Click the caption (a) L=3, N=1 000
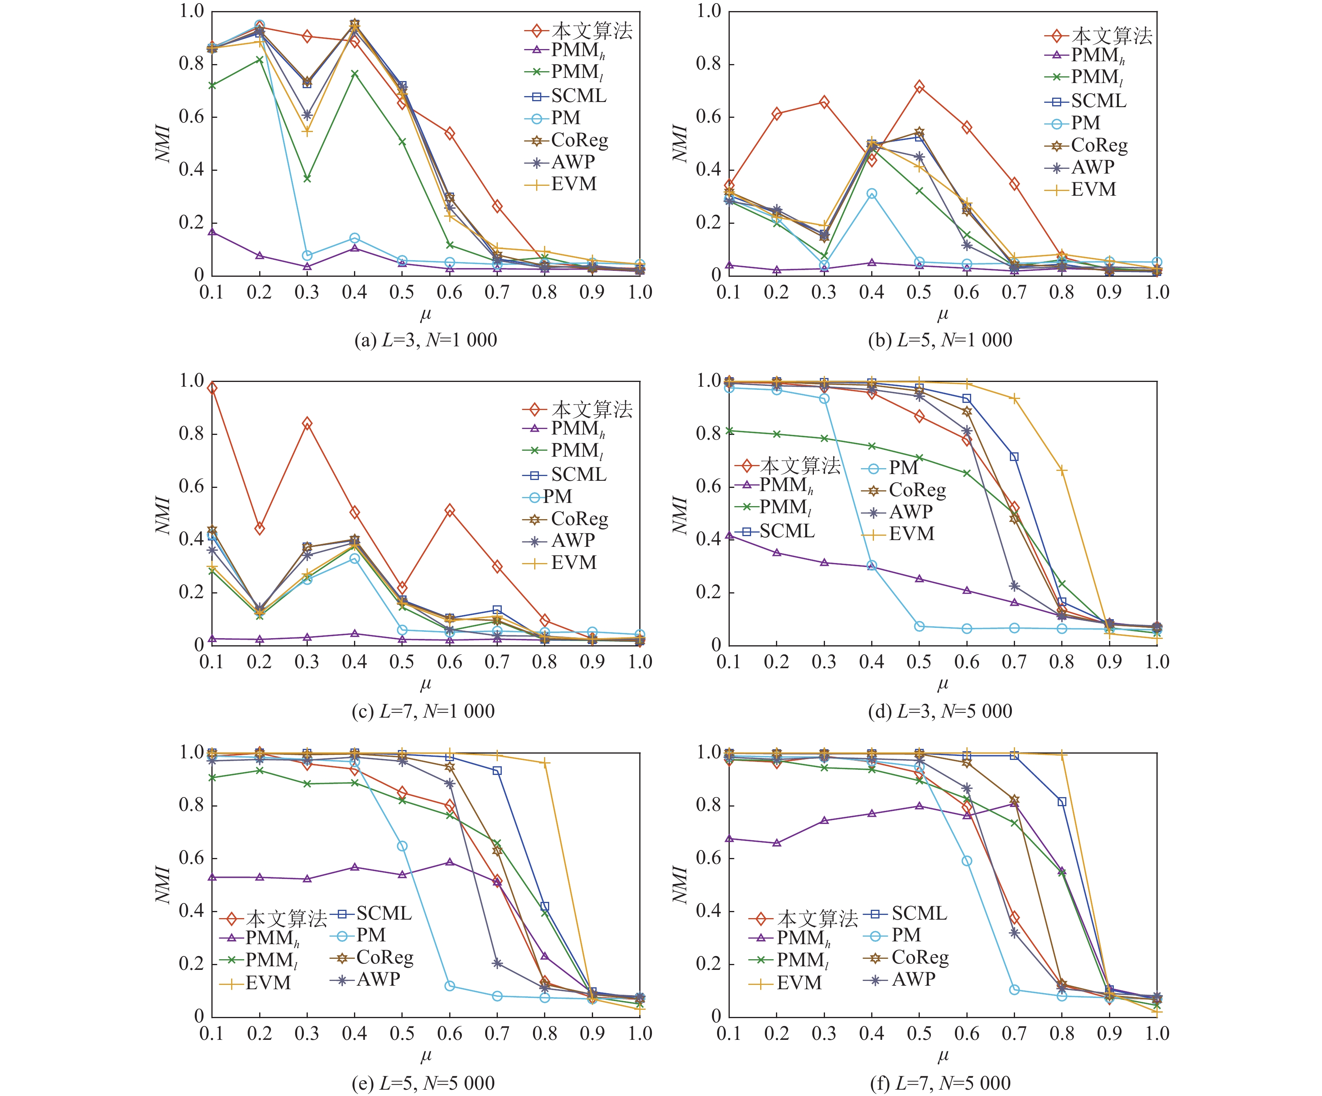click(x=426, y=340)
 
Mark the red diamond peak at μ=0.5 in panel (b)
click(x=919, y=86)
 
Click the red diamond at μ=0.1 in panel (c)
click(x=212, y=388)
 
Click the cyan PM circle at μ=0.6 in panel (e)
click(x=450, y=985)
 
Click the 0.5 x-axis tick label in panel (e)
click(x=402, y=1034)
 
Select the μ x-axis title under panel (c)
click(x=426, y=684)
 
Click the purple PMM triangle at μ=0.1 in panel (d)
click(x=729, y=535)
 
